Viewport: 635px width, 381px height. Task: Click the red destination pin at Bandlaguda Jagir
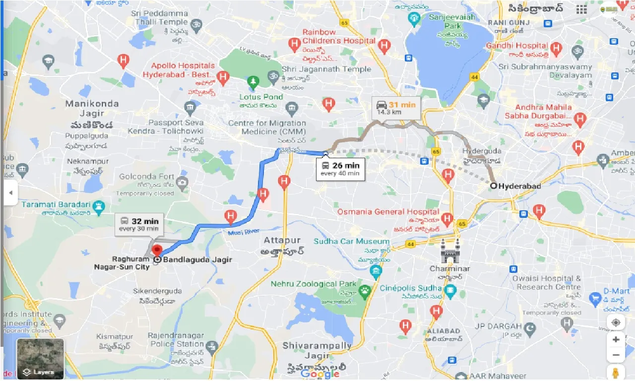(x=157, y=250)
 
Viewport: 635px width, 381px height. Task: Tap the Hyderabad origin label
(x=518, y=186)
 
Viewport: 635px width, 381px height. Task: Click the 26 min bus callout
(x=341, y=169)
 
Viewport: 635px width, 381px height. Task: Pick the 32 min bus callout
(x=139, y=224)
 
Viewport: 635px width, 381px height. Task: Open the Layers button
(x=40, y=358)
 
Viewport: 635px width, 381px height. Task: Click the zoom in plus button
(x=616, y=340)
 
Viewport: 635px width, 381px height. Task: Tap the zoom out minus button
(x=616, y=355)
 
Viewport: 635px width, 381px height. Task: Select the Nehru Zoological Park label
(x=314, y=284)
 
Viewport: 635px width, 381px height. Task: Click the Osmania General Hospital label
(x=388, y=212)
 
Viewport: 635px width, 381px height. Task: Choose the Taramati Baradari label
(x=56, y=204)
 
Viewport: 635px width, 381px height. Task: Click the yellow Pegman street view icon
(x=616, y=372)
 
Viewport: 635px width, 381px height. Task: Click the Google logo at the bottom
(x=320, y=374)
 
